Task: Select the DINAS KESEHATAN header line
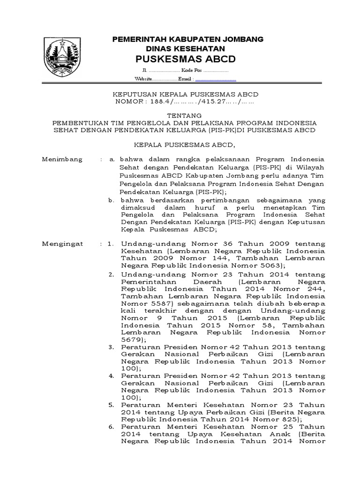tap(187, 48)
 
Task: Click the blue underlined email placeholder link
tap(216, 79)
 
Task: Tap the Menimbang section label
tap(62, 159)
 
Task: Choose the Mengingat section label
tap(62, 244)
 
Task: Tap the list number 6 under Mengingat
tap(111, 427)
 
